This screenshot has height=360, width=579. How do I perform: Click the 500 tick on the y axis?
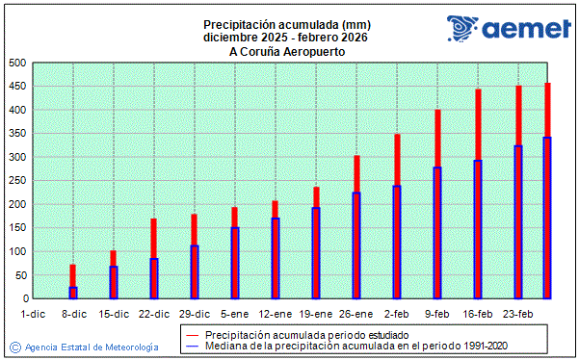[15, 64]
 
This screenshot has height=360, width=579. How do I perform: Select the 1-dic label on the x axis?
[33, 314]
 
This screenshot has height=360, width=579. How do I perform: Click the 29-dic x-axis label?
[195, 314]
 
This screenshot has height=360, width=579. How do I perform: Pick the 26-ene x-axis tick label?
[356, 314]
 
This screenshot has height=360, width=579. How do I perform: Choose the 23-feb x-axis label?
[518, 314]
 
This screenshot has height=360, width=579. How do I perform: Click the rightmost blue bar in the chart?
[547, 218]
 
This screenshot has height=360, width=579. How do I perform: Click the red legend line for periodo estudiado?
[191, 333]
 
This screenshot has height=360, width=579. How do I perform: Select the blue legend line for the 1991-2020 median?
[191, 345]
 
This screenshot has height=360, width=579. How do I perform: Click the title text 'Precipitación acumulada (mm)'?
[287, 24]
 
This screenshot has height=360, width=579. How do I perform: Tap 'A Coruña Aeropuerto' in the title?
[287, 51]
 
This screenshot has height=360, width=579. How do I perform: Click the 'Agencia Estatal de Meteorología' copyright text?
[91, 347]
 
